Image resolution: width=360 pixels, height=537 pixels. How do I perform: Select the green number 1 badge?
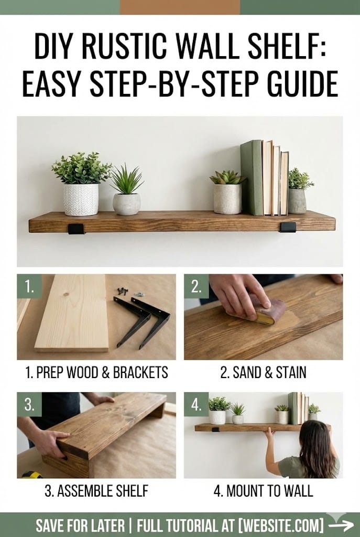click(x=29, y=286)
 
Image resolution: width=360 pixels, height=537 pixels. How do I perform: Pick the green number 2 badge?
click(x=197, y=286)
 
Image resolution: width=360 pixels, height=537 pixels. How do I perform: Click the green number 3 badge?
click(x=29, y=404)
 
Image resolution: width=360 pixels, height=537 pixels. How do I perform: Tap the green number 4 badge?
click(x=197, y=404)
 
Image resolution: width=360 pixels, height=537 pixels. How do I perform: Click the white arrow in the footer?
click(x=341, y=524)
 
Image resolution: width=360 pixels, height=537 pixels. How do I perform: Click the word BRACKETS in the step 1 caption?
click(x=140, y=373)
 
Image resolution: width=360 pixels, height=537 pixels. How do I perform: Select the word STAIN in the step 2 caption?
click(x=291, y=373)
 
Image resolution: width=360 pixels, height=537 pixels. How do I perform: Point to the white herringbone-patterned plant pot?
click(x=81, y=200)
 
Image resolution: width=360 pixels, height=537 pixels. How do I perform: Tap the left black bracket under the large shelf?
click(x=76, y=229)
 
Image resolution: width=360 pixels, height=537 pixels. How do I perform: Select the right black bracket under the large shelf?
click(x=288, y=227)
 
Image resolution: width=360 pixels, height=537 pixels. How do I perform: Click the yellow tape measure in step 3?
click(x=31, y=475)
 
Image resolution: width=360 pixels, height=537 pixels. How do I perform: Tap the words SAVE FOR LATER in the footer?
click(x=80, y=525)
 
